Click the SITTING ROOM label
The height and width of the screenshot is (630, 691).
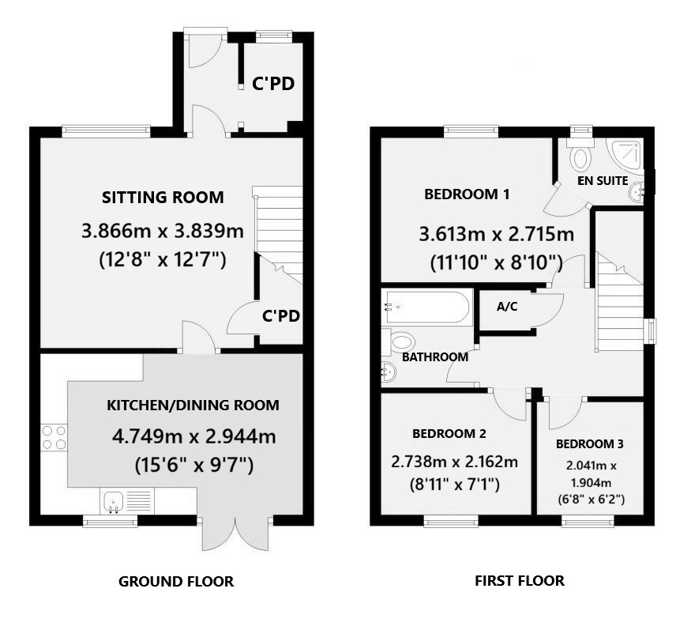162,198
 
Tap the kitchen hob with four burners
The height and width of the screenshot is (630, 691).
54,437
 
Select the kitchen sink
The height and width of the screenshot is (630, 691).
113,500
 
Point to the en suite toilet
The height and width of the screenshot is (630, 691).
580,157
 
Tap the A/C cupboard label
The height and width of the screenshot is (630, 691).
506,307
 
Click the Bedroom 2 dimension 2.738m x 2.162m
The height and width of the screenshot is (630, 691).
455,462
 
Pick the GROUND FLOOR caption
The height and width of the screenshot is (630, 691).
175,582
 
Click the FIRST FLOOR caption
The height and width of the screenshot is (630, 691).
519,581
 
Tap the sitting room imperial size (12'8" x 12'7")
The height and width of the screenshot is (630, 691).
163,258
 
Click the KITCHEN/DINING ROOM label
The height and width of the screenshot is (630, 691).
193,406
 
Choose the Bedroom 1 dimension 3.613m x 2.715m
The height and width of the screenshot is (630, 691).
496,235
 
